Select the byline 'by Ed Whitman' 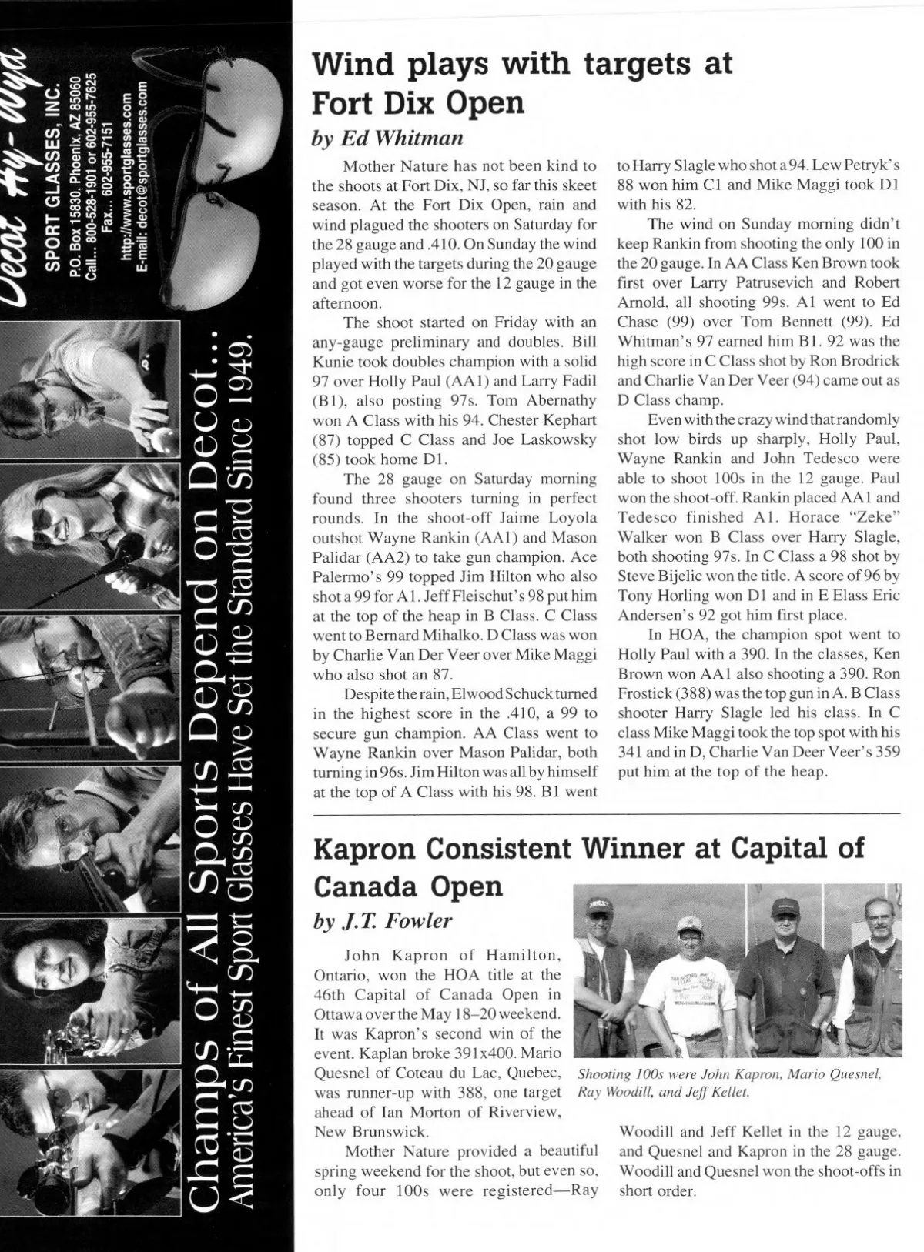coord(387,138)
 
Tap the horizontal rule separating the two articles coord(606,813)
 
